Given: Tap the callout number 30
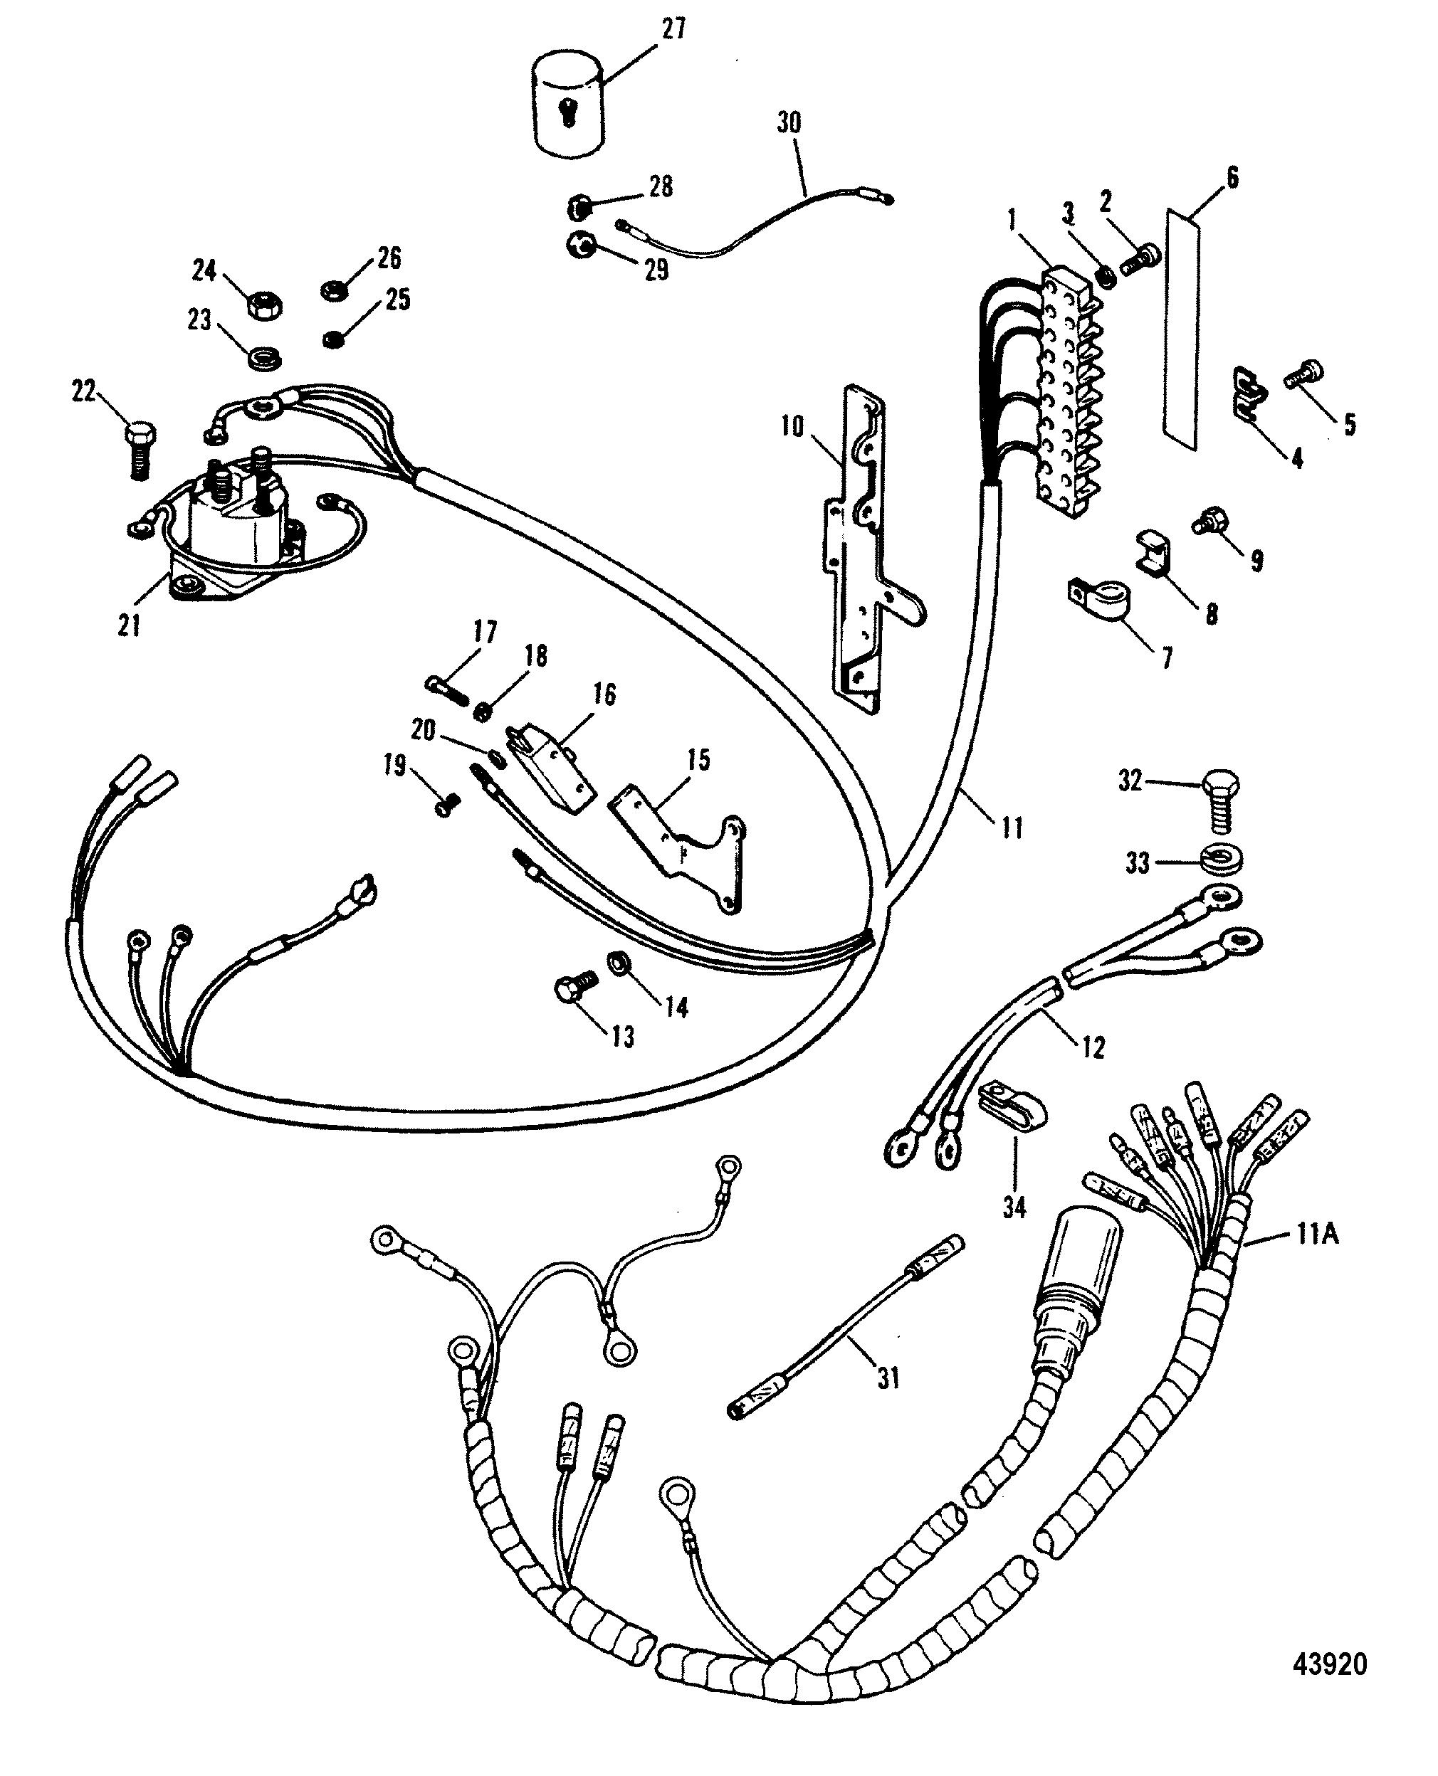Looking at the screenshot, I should point(789,123).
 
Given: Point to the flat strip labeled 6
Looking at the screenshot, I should point(1181,331).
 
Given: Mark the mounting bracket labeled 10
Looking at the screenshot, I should point(861,546).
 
